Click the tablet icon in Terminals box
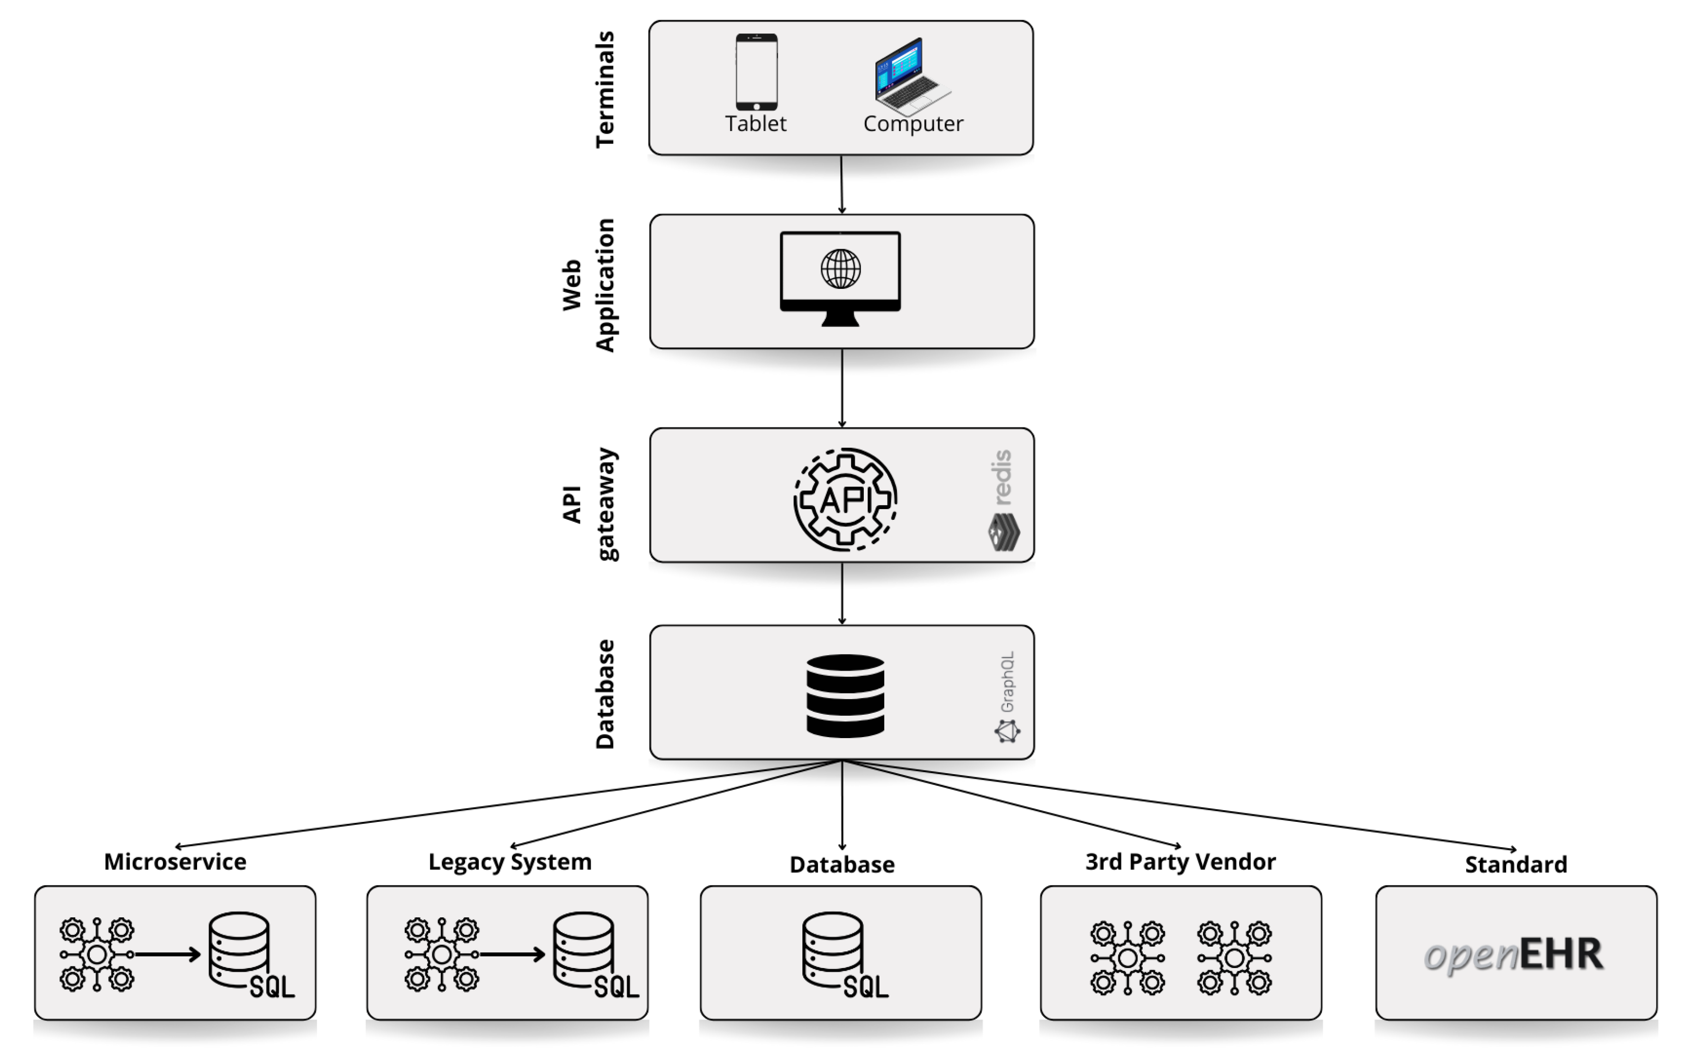click(x=756, y=72)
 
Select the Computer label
click(x=913, y=124)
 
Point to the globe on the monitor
click(x=840, y=269)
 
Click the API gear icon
click(x=845, y=500)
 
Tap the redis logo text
click(x=1002, y=478)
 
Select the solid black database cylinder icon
click(x=845, y=695)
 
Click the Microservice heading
click(x=175, y=861)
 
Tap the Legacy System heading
click(x=509, y=861)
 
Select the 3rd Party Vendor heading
click(x=1181, y=861)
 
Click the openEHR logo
click(x=1513, y=954)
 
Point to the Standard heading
click(x=1515, y=864)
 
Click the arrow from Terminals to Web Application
click(x=841, y=184)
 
